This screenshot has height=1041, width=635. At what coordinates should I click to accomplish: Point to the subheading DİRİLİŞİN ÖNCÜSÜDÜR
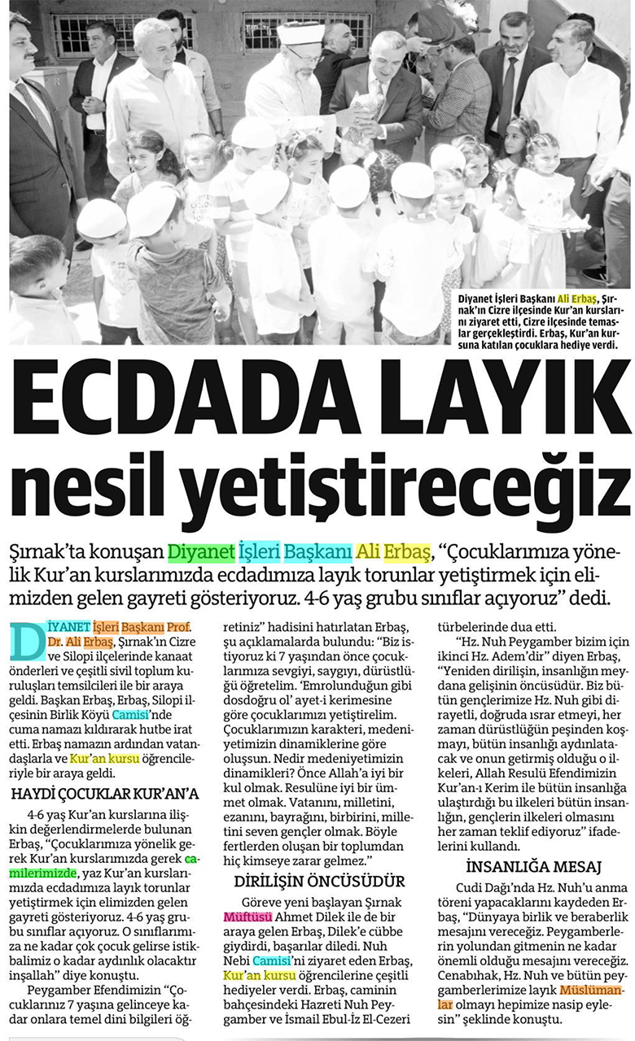coord(319,882)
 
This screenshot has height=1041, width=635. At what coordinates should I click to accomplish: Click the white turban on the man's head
coord(302,35)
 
